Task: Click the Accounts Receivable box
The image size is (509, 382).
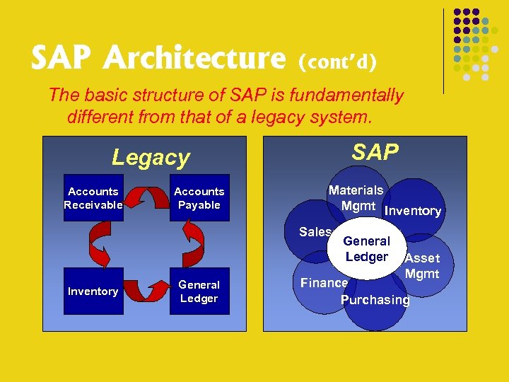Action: [x=93, y=198]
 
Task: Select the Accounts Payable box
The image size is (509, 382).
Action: [x=199, y=198]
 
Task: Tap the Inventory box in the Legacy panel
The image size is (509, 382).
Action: [x=93, y=291]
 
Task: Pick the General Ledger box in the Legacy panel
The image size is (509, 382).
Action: [x=199, y=291]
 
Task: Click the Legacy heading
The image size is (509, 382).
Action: [x=151, y=157]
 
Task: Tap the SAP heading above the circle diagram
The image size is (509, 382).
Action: [x=375, y=152]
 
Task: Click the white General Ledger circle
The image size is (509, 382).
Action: [x=366, y=249]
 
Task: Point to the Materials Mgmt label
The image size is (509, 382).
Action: [x=356, y=198]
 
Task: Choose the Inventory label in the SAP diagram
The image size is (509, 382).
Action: [x=413, y=211]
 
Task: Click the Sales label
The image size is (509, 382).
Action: [x=315, y=232]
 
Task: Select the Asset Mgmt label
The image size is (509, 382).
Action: [x=422, y=266]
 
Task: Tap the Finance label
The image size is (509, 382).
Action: [x=324, y=283]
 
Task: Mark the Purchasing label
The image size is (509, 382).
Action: [x=375, y=300]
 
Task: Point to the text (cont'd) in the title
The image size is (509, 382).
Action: [x=337, y=63]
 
